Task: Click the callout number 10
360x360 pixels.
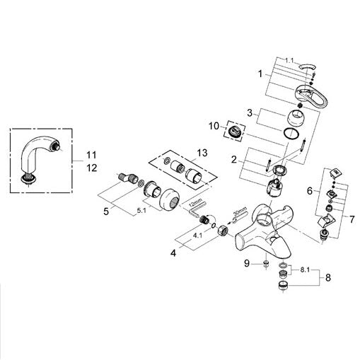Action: coord(214,126)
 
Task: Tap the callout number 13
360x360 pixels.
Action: coord(202,153)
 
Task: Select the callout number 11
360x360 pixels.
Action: coord(91,155)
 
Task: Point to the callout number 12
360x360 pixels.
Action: coord(92,168)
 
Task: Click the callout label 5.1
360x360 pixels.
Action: coord(141,211)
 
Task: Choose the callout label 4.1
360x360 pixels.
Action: coord(197,236)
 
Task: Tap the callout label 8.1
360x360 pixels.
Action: coord(305,270)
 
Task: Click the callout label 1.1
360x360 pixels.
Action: coord(289,61)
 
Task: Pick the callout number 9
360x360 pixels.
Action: coord(247,263)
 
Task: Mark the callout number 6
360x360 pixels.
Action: coord(310,190)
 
